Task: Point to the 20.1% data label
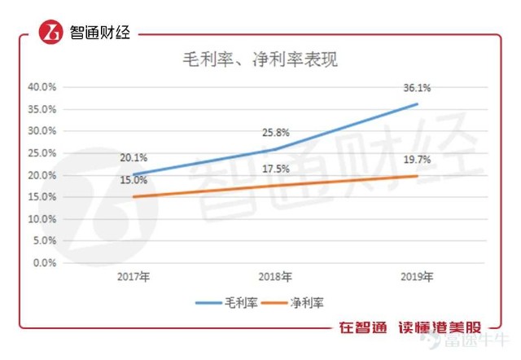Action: coord(134,158)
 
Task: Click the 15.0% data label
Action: coord(134,181)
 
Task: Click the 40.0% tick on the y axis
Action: coord(42,87)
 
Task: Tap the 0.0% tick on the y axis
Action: coord(44,263)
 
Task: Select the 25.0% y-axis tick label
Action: coord(42,153)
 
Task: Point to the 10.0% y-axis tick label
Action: coord(42,219)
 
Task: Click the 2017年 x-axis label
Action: coord(134,278)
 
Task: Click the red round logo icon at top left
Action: coord(51,33)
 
